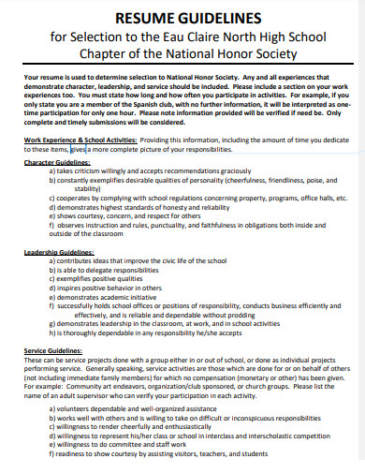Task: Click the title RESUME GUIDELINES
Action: [182, 16]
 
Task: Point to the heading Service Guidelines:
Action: [51, 350]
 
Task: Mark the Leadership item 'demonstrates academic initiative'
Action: [112, 297]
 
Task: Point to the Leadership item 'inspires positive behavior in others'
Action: [116, 288]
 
